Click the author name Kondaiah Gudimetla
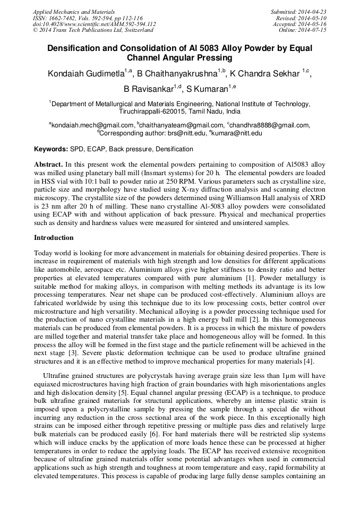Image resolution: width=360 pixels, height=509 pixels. [x=85, y=74]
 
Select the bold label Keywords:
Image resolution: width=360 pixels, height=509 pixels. [x=51, y=150]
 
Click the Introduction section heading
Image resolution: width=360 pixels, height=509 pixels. [x=54, y=238]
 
